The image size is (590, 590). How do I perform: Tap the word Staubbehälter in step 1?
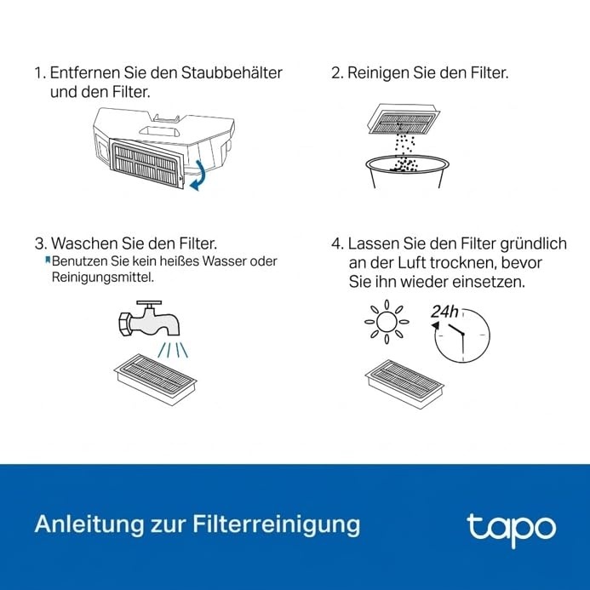[232, 72]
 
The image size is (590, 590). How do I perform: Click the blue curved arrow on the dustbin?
[198, 175]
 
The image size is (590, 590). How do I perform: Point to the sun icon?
[387, 322]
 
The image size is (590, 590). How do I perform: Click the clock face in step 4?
[462, 335]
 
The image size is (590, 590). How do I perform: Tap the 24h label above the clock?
[444, 312]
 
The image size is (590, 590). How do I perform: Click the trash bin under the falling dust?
[407, 172]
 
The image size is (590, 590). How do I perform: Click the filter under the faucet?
[156, 380]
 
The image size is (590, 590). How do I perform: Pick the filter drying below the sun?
[404, 384]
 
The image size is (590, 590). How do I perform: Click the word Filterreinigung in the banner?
[277, 524]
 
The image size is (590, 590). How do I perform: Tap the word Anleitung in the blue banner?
[89, 524]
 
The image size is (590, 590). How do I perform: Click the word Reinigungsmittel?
[103, 278]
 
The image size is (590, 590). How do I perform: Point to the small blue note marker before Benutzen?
[48, 260]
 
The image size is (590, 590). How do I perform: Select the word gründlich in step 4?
[533, 243]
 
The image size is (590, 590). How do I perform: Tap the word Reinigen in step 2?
[378, 73]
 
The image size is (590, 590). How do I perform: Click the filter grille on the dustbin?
[146, 163]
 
